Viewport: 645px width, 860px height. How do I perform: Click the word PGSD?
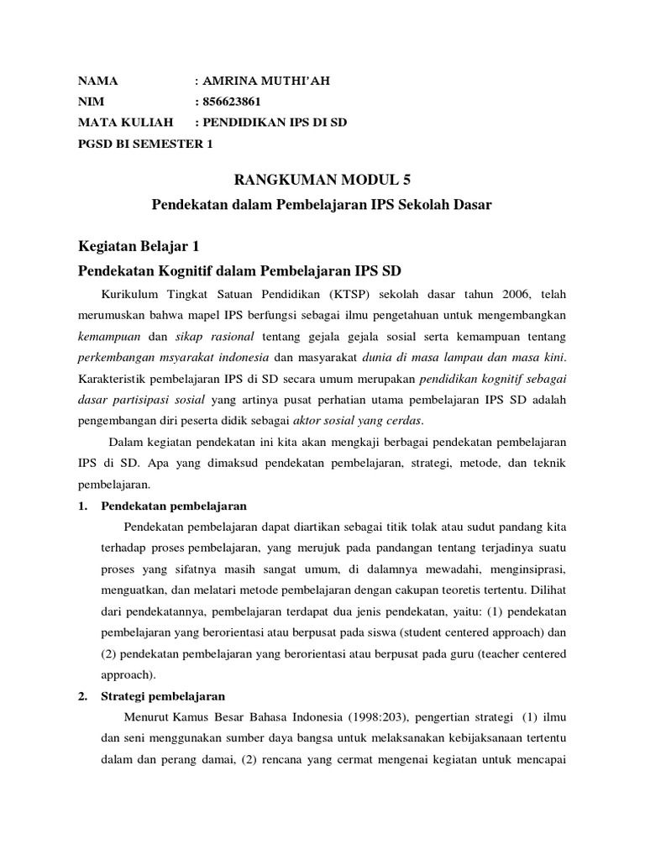(x=95, y=144)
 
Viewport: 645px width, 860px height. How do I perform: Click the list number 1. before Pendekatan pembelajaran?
(x=82, y=506)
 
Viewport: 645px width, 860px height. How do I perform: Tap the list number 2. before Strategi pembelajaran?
(x=82, y=696)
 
